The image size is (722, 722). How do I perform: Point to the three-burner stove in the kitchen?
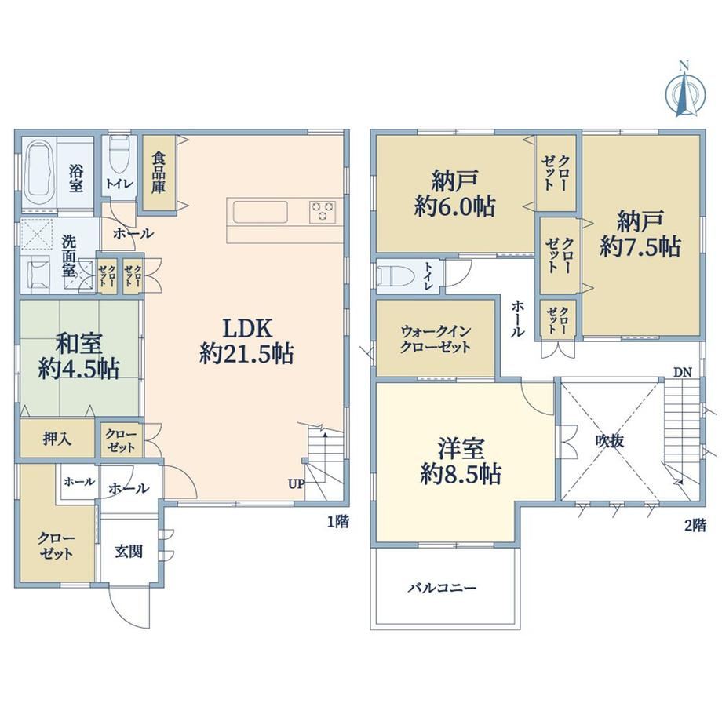323,212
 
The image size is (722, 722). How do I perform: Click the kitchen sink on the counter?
261,213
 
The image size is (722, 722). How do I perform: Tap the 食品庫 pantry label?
159,173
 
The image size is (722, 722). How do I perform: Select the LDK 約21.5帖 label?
246,341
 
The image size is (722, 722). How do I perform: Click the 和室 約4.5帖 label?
78,356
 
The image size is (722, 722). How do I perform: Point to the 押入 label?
57,439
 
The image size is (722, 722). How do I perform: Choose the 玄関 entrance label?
129,551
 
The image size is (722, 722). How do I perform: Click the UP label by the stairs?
296,484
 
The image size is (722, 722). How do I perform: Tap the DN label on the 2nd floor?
683,373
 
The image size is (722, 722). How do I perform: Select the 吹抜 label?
610,441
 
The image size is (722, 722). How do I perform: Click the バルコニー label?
442,588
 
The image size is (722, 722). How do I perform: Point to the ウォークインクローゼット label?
436,338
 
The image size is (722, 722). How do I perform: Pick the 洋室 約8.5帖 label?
461,461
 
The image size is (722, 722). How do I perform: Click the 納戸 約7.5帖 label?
640,233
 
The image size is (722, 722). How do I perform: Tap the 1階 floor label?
338,522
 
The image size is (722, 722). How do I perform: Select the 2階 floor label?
695,525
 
